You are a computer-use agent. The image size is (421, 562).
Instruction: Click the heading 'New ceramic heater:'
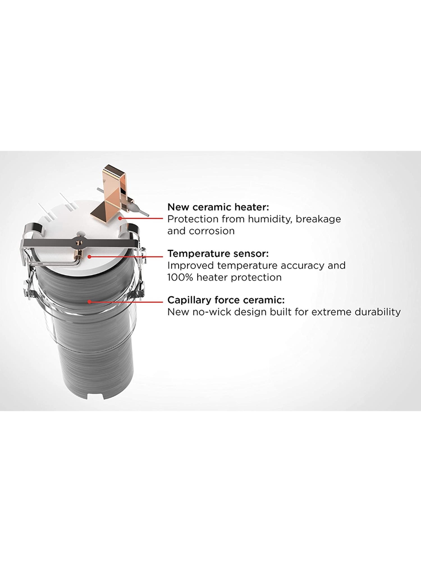(x=218, y=207)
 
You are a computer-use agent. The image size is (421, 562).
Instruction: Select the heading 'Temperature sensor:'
(x=218, y=254)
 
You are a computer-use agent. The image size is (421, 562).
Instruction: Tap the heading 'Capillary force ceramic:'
(x=226, y=300)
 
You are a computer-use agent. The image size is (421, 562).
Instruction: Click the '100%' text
(x=180, y=277)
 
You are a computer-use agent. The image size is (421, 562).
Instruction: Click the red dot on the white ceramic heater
(x=120, y=218)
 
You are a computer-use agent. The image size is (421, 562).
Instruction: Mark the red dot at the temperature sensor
(x=89, y=256)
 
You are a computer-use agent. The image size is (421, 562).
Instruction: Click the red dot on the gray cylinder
(x=89, y=302)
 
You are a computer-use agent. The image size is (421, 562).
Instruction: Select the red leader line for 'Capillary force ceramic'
(x=126, y=302)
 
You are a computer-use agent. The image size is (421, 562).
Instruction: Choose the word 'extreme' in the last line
(x=333, y=312)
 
